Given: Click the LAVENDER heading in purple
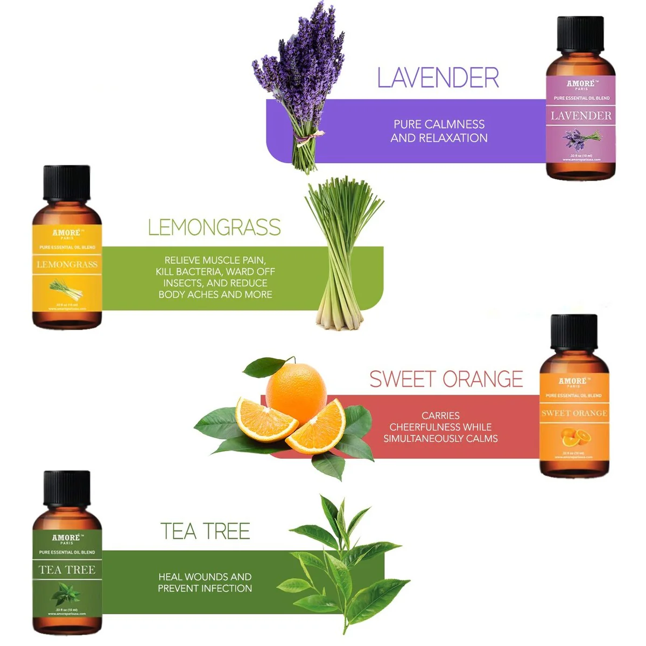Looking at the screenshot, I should tap(438, 78).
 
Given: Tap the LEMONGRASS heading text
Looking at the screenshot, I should tap(214, 228).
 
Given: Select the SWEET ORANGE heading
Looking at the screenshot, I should tap(446, 380).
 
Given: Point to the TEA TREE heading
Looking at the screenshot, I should tap(205, 531).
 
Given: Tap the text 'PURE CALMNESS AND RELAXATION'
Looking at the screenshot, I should tap(439, 131).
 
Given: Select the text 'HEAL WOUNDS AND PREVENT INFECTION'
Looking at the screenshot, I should tap(205, 582).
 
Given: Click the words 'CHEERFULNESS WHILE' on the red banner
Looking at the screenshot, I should tap(440, 427).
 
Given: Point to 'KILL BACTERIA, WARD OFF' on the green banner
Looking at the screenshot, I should tap(215, 271).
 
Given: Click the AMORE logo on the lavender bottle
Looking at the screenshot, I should tap(580, 84).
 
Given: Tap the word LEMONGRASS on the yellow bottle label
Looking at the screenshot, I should tap(67, 264).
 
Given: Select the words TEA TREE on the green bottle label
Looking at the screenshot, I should tap(67, 570).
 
